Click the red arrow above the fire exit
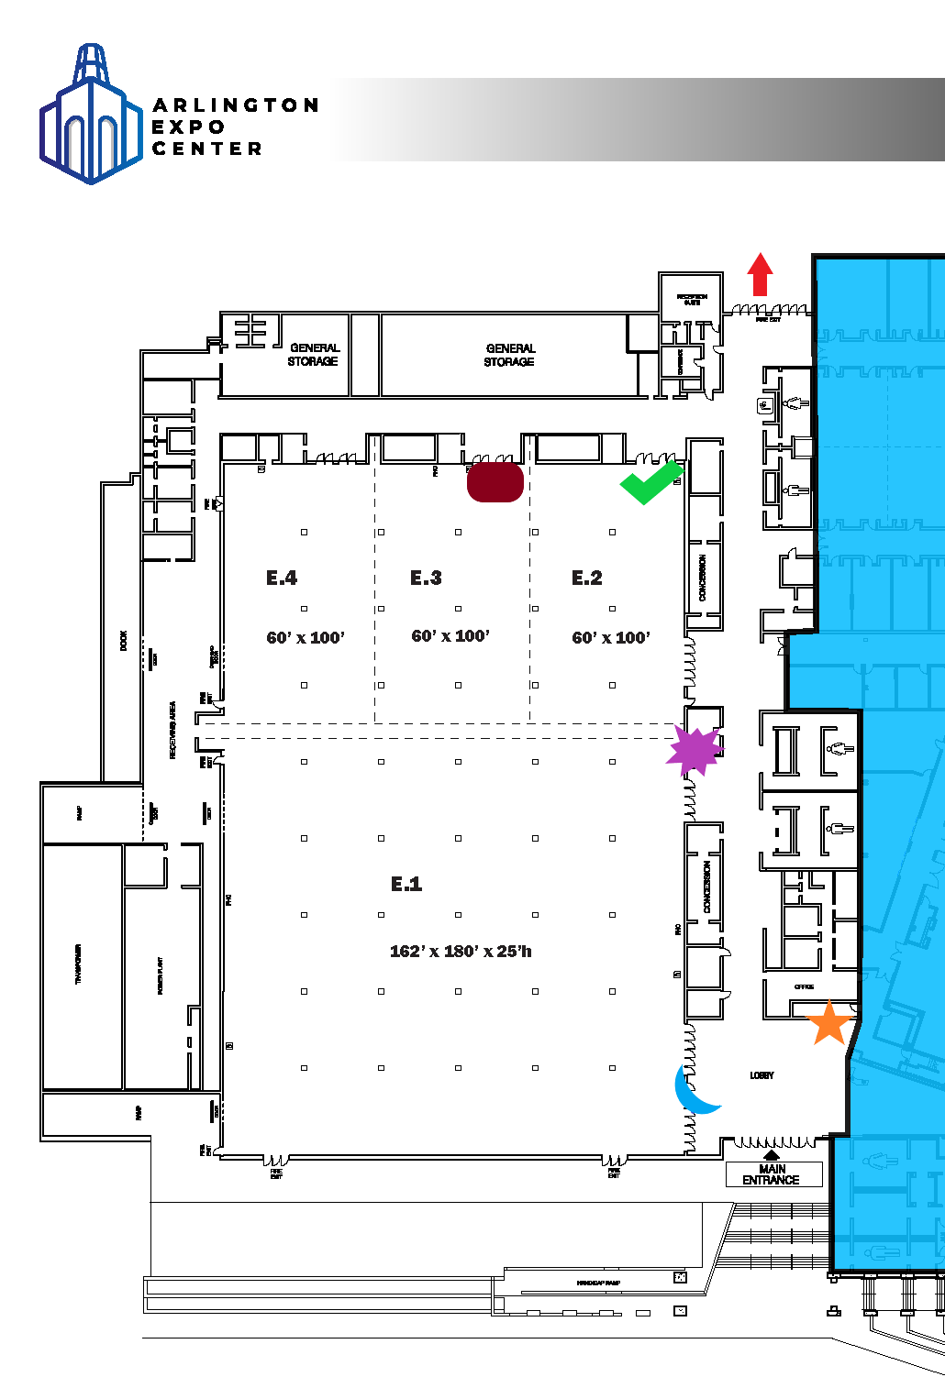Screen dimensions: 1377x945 click(760, 274)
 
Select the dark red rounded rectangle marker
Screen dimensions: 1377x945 click(495, 481)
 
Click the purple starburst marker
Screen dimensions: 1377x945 click(695, 751)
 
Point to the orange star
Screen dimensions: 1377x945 click(829, 1023)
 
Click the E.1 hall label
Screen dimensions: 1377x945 click(406, 884)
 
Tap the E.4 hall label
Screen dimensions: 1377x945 click(282, 578)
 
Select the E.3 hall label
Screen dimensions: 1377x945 click(426, 578)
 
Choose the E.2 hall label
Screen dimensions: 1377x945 click(587, 578)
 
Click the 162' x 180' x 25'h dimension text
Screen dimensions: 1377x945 click(461, 952)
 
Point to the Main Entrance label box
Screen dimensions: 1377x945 click(773, 1174)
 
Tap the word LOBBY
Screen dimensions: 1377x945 click(762, 1075)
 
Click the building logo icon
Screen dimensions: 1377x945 click(90, 116)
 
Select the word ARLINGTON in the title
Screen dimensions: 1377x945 click(236, 105)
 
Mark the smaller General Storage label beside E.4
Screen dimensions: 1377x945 click(314, 355)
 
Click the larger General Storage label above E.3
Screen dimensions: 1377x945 click(510, 355)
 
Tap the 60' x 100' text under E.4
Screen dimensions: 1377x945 click(306, 638)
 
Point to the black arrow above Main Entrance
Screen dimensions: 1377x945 click(772, 1155)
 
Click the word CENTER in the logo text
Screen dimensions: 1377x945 click(207, 149)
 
